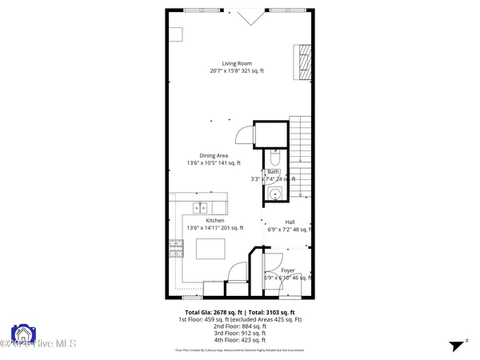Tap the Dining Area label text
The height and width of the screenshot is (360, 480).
(x=215, y=156)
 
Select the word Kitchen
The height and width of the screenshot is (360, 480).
(x=215, y=221)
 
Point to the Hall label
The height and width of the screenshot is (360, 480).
(x=290, y=223)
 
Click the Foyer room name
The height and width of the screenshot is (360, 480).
(x=288, y=270)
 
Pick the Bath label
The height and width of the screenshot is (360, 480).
(x=274, y=172)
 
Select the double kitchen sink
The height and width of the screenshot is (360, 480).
(x=198, y=208)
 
